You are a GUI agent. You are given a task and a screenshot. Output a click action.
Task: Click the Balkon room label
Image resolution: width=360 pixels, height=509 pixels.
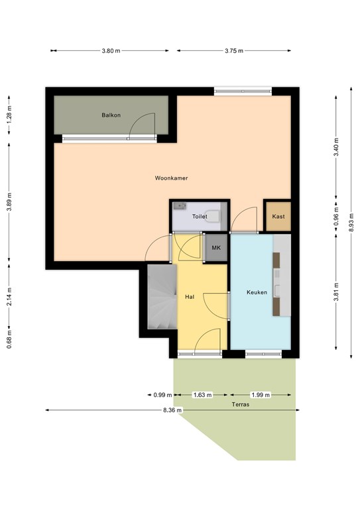[111, 115]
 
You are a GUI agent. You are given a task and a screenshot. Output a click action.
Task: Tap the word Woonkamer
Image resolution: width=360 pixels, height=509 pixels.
[171, 178]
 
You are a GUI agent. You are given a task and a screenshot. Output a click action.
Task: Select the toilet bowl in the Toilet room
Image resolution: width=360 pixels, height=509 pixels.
[213, 216]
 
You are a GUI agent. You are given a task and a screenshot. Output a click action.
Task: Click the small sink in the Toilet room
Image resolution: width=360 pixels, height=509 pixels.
[180, 206]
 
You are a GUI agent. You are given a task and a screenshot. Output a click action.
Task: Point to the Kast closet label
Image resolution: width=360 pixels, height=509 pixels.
[278, 216]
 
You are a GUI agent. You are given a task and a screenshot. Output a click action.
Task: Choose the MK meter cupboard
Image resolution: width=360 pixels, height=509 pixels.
[216, 248]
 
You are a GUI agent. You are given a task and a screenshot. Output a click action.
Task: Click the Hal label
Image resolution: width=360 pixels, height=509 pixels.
[190, 297]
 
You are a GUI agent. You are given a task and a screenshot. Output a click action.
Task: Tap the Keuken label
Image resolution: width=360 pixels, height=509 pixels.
[257, 292]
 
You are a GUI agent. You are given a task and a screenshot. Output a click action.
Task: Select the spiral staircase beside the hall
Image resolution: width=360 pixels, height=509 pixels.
[162, 296]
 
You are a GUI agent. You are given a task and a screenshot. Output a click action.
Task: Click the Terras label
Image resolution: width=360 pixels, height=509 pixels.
[241, 404]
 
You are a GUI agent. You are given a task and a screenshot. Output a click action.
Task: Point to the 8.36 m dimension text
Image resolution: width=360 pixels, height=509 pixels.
[172, 410]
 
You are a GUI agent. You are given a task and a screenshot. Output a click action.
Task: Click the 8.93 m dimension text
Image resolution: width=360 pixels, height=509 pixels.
[351, 223]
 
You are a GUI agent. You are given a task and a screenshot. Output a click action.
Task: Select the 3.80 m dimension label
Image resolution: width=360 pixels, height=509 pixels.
[111, 50]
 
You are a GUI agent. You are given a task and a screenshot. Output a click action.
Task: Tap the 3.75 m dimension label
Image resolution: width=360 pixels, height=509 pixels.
[234, 50]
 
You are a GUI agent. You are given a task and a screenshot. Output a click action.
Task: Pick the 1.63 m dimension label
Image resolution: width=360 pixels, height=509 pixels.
[203, 395]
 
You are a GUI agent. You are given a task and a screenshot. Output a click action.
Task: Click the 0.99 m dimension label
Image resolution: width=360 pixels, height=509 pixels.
[162, 395]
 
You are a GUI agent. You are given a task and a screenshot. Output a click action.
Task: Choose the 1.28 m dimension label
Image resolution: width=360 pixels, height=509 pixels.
[9, 115]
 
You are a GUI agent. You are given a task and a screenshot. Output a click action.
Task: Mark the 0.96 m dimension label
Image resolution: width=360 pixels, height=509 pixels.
[336, 217]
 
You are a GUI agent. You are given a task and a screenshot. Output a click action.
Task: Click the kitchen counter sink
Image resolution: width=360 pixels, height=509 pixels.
[277, 290]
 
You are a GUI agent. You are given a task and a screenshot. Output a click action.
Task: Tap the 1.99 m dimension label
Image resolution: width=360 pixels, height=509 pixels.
[261, 395]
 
